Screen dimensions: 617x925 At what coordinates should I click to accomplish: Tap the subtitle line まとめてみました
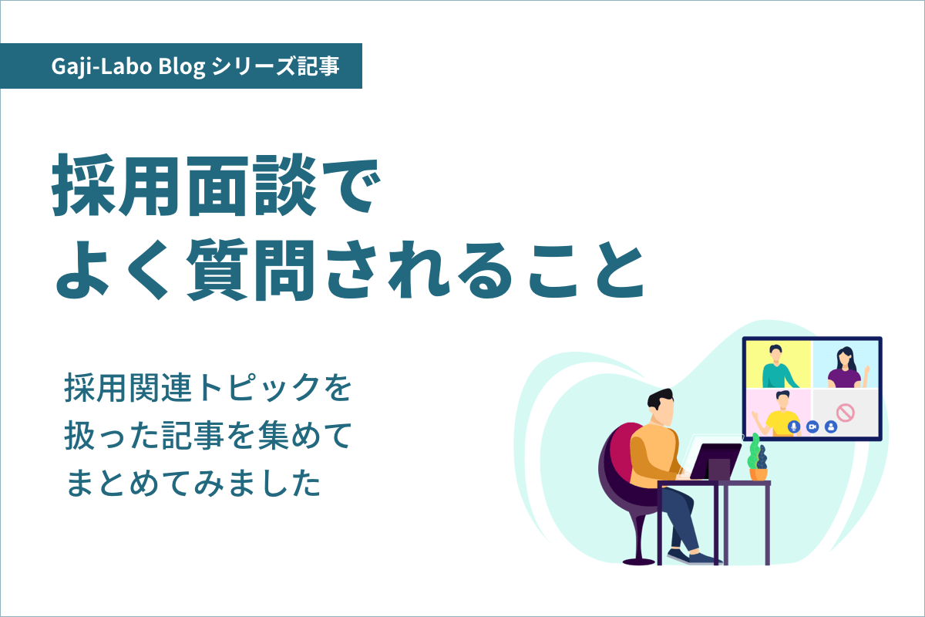click(193, 484)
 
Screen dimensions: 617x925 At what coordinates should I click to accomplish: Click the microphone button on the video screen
click(792, 426)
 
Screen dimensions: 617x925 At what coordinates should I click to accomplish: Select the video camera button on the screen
click(812, 426)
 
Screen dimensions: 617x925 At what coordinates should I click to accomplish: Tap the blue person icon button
click(830, 426)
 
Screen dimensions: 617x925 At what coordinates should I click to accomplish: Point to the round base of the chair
click(640, 560)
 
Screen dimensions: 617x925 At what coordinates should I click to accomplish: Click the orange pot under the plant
click(759, 474)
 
